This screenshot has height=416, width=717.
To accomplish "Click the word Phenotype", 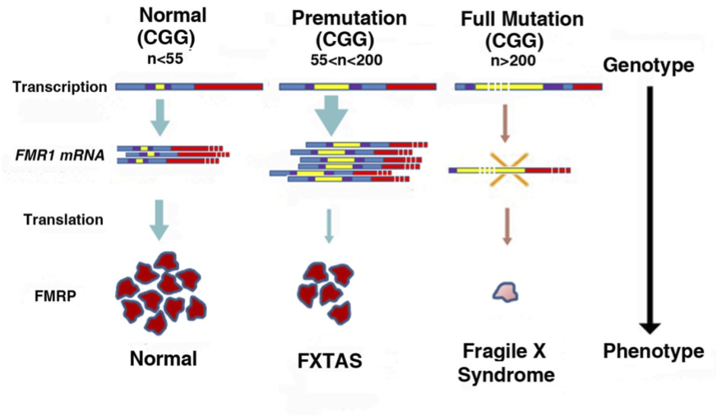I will pos(653,351).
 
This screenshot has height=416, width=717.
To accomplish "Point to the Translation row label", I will pos(63,220).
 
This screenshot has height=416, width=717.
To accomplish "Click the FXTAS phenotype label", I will pos(330,361).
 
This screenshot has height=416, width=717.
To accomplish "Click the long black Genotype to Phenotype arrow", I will pos(650,206).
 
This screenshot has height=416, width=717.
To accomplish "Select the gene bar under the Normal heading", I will pos(189,86).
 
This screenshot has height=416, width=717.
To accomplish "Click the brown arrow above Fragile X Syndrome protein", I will pos(508,226).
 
